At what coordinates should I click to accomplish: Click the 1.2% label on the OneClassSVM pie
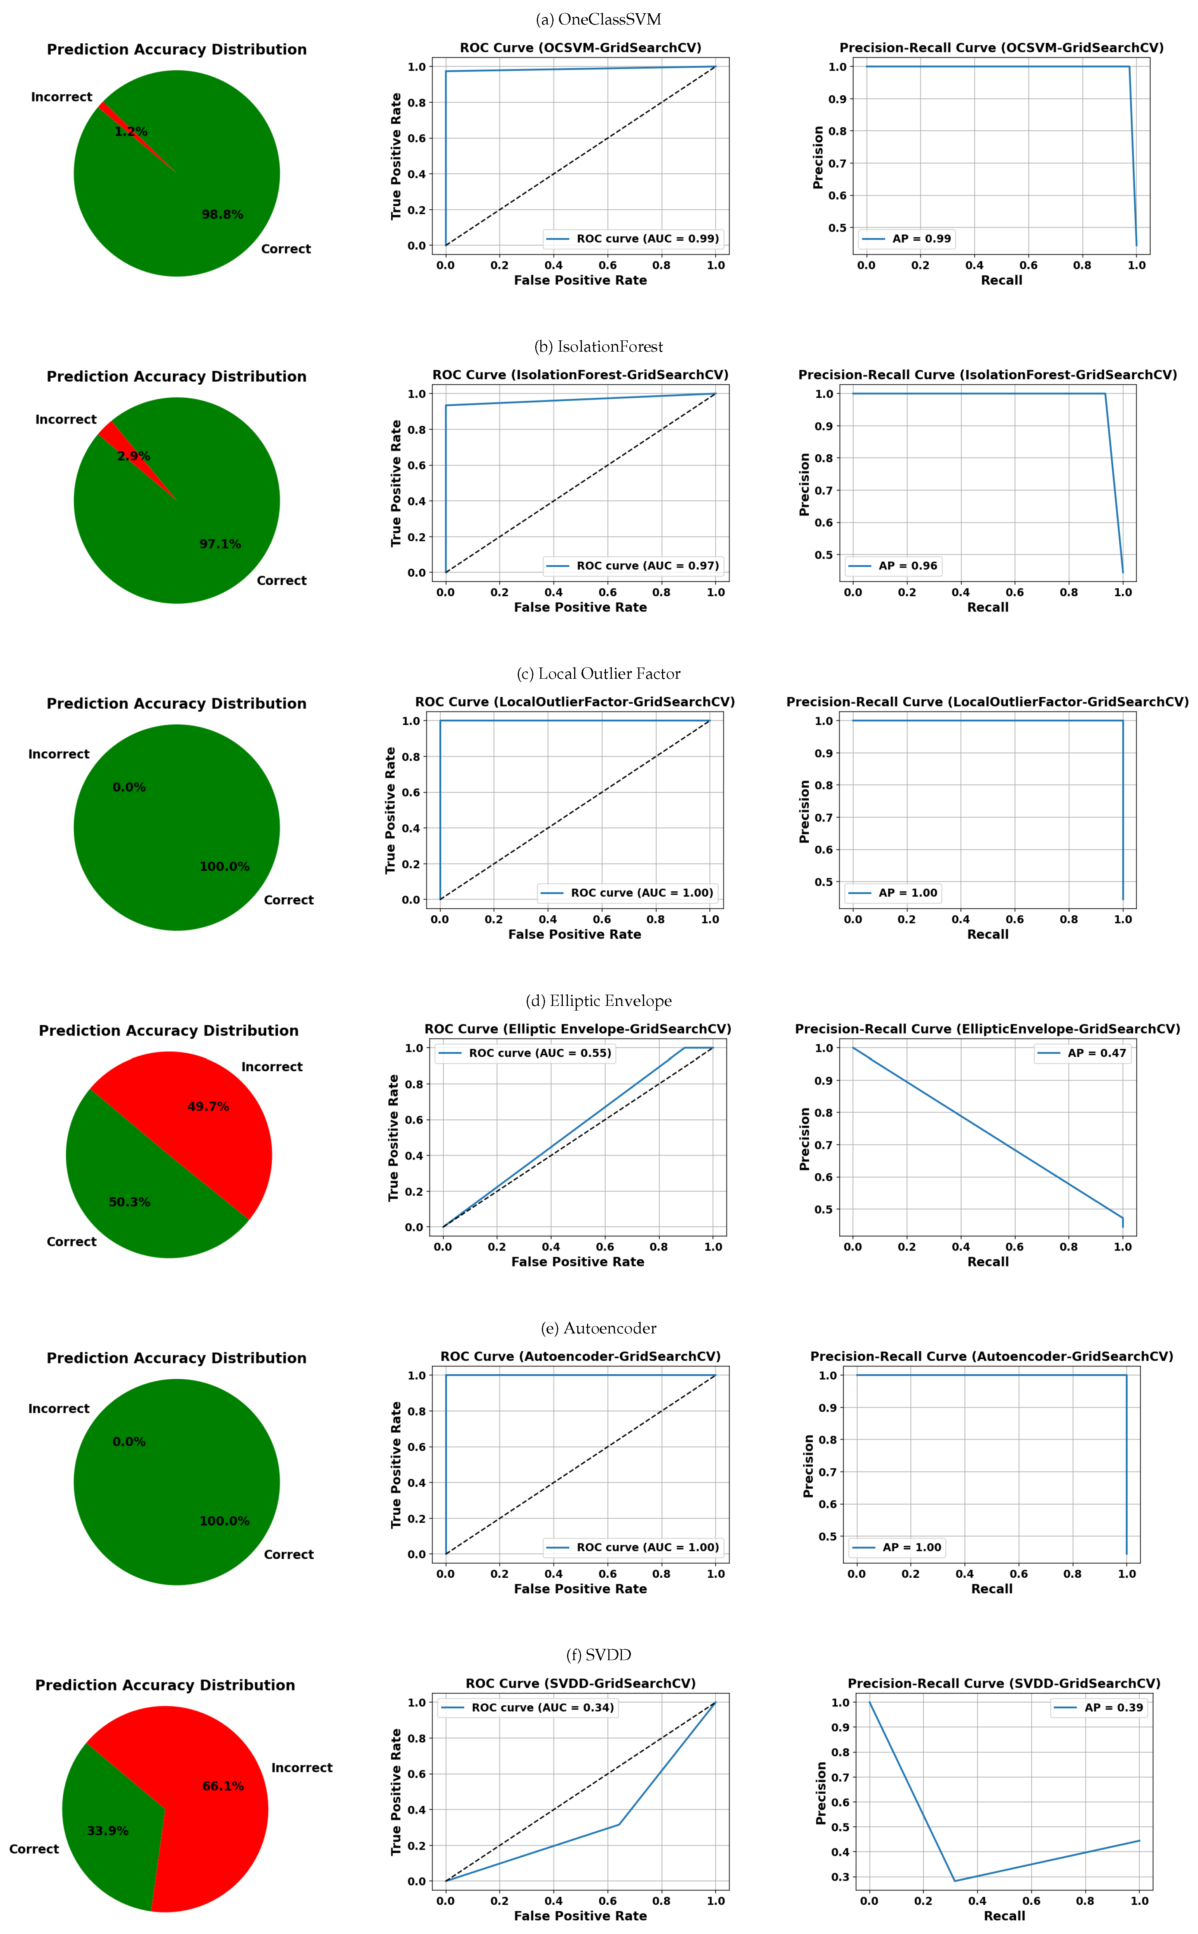tap(131, 131)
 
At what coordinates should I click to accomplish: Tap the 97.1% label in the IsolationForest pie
tap(220, 544)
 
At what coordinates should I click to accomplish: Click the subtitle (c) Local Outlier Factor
tap(598, 674)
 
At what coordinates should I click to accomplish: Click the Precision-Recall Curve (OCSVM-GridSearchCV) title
tap(1001, 47)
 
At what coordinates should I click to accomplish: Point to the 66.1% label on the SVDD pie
tap(224, 1786)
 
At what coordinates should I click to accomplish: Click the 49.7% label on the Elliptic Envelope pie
tap(208, 1107)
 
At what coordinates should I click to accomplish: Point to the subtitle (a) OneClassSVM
tap(598, 19)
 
